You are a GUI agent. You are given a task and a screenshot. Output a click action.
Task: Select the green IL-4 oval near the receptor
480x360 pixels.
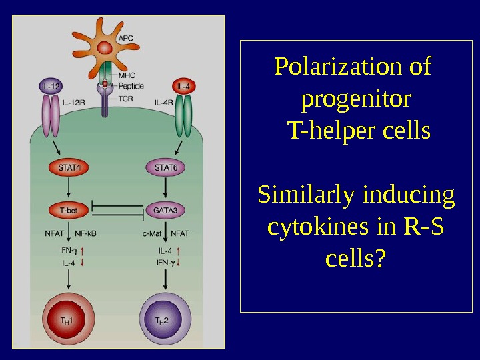pos(184,86)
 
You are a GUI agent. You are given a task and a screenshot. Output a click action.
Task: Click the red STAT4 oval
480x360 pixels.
pos(68,167)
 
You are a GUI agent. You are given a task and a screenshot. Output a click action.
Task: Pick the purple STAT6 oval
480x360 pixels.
pos(165,167)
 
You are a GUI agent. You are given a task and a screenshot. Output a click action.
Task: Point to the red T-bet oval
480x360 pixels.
pos(68,211)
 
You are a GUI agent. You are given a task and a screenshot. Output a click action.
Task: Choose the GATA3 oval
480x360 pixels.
pos(165,211)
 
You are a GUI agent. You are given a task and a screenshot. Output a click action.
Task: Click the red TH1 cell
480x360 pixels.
pos(67,319)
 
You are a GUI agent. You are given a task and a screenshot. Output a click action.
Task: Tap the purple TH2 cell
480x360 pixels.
pos(162,319)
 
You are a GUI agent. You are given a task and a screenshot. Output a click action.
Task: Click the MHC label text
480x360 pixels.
pos(127,75)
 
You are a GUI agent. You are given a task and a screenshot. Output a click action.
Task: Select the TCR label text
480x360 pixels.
pos(127,98)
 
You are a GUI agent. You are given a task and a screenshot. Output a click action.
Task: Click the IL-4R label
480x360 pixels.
pos(164,103)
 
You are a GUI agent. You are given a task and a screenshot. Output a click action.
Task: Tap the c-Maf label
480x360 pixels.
pos(153,233)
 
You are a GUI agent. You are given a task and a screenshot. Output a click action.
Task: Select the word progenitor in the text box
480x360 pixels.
pos(356,99)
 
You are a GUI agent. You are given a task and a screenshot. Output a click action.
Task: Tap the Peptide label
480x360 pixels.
pos(131,86)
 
